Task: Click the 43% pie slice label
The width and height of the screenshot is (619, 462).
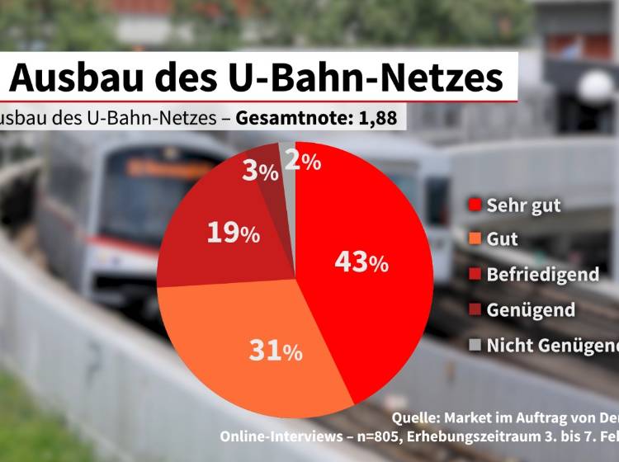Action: tap(361, 262)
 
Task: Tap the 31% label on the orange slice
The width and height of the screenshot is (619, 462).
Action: tap(276, 351)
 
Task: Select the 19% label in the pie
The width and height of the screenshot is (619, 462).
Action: tap(234, 233)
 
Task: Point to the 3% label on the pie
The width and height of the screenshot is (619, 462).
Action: tap(259, 172)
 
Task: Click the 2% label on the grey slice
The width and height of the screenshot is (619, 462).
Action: tap(302, 163)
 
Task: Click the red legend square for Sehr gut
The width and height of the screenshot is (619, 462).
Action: tap(475, 205)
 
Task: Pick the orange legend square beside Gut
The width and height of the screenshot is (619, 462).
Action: tap(475, 240)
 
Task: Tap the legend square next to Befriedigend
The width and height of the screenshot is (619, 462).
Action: tap(475, 275)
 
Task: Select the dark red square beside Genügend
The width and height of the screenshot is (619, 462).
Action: tap(475, 310)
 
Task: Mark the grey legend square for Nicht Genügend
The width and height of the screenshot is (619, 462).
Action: tap(475, 346)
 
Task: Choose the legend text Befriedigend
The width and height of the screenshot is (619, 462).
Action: tap(542, 275)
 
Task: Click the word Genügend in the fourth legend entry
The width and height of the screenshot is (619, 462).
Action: tap(531, 310)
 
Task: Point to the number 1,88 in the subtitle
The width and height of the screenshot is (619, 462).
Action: tap(377, 119)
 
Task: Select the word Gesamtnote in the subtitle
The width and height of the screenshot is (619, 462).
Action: tap(291, 119)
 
